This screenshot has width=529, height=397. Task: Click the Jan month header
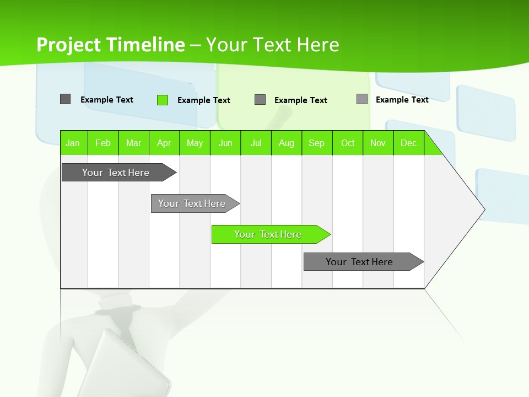pyautogui.click(x=73, y=143)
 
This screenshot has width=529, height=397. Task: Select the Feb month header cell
pyautogui.click(x=103, y=143)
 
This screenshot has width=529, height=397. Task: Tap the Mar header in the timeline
pyautogui.click(x=133, y=143)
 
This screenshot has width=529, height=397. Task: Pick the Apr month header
pyautogui.click(x=164, y=143)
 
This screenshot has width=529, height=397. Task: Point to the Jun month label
pyautogui.click(x=225, y=143)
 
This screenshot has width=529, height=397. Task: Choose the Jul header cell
pyautogui.click(x=256, y=143)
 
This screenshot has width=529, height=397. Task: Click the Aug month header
pyautogui.click(x=287, y=143)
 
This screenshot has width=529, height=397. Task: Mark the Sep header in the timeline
pyautogui.click(x=317, y=143)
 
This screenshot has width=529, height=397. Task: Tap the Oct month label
pyautogui.click(x=348, y=143)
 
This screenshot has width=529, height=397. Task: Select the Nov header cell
pyautogui.click(x=378, y=143)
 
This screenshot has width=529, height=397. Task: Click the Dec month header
pyautogui.click(x=409, y=143)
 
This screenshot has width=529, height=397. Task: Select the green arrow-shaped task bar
pyautogui.click(x=268, y=234)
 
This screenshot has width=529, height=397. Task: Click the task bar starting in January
pyautogui.click(x=116, y=173)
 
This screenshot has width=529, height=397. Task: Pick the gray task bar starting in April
pyautogui.click(x=192, y=203)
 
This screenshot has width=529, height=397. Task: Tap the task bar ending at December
pyautogui.click(x=360, y=262)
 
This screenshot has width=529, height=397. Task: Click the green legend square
pyautogui.click(x=163, y=100)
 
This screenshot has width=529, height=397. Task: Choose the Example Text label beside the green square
pyautogui.click(x=204, y=100)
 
